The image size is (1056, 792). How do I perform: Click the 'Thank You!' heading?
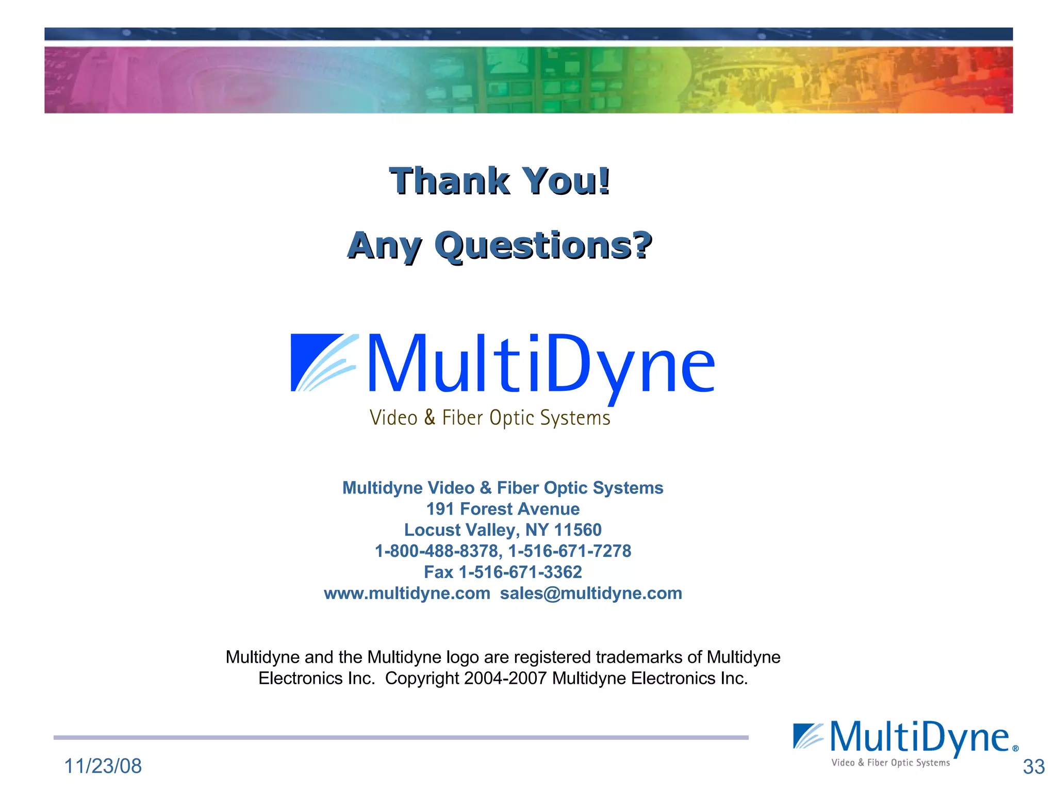[x=500, y=181]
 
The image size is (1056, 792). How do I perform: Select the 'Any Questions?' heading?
[x=500, y=245]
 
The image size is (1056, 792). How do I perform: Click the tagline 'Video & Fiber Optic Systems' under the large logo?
[x=490, y=418]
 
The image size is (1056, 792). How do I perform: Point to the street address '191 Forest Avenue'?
[x=503, y=509]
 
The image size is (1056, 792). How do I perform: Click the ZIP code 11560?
[x=578, y=530]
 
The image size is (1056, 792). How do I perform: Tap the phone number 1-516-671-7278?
[x=570, y=551]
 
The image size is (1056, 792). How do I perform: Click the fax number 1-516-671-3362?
[x=520, y=572]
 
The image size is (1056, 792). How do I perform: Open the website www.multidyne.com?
[x=407, y=593]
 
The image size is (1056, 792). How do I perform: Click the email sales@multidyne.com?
[x=591, y=593]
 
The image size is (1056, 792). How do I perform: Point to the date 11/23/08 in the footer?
[x=103, y=766]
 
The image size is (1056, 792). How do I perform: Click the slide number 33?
[x=1033, y=767]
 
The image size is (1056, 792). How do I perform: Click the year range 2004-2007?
[x=505, y=679]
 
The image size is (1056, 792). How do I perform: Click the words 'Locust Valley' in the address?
[x=459, y=530]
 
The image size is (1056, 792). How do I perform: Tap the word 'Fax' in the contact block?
[x=438, y=572]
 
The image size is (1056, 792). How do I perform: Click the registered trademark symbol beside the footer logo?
[x=1015, y=749]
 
